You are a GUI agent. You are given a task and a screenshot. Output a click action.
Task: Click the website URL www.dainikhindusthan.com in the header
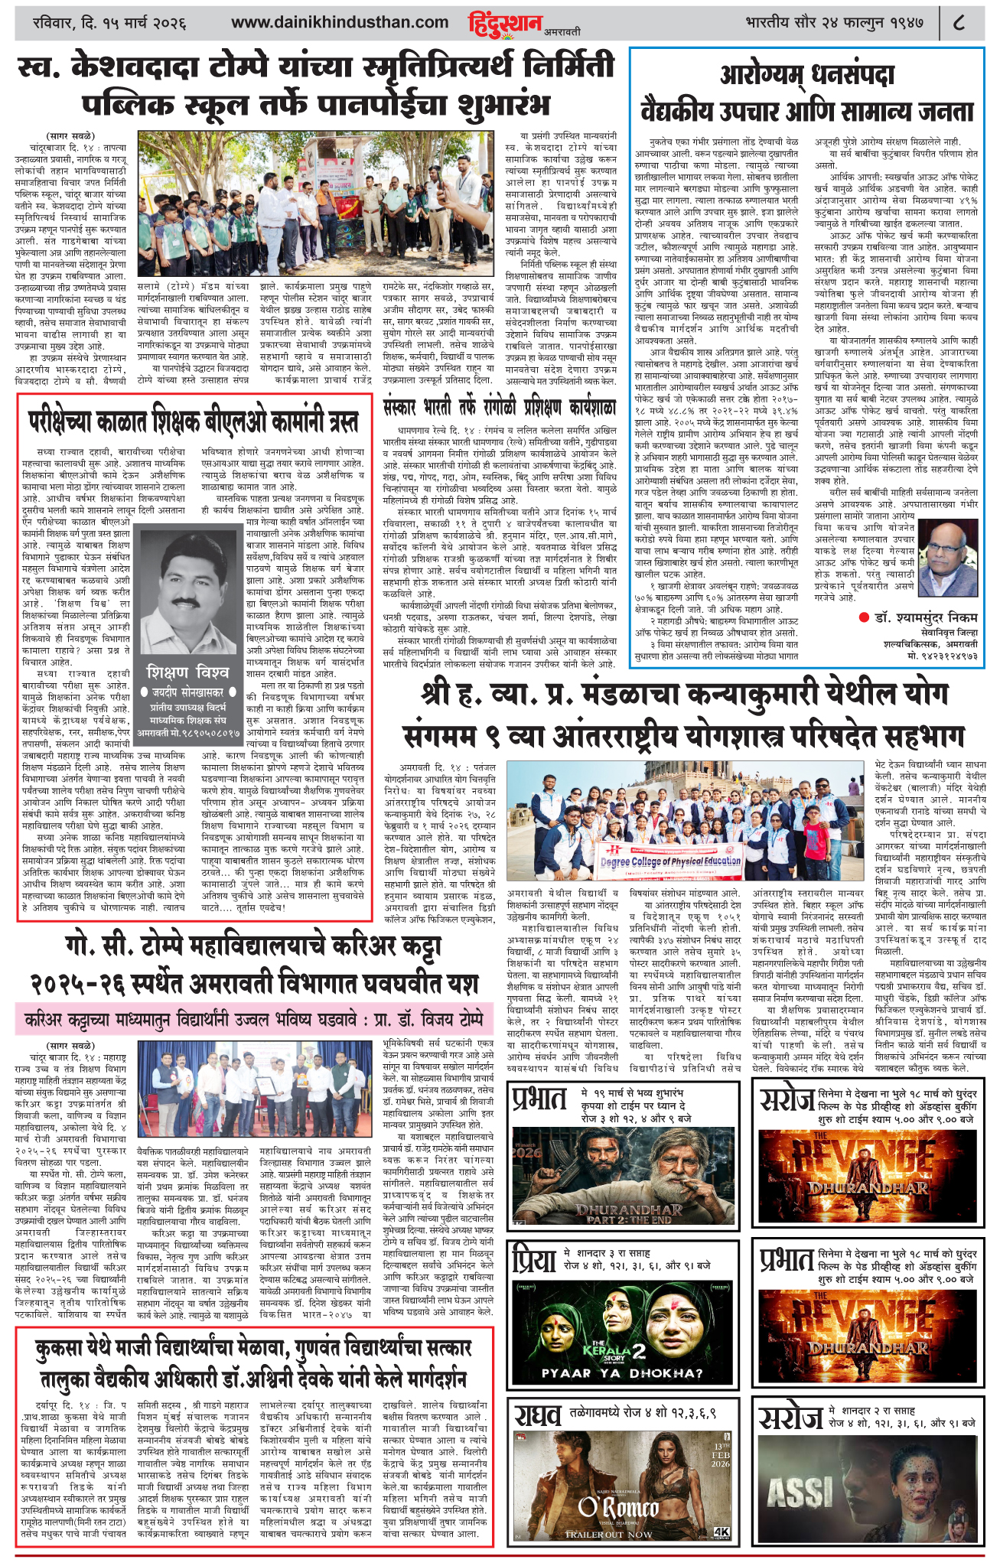(340, 23)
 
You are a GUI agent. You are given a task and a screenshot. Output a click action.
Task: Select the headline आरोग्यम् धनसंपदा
(806, 75)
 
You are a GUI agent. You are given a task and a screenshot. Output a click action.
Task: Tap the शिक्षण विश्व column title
(188, 672)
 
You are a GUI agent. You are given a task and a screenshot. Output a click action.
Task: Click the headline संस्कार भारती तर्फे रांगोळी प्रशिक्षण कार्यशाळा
(499, 407)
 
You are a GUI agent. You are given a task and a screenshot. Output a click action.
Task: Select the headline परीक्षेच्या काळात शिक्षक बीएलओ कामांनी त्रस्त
(193, 421)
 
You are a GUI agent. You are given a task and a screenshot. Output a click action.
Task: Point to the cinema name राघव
(541, 1417)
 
